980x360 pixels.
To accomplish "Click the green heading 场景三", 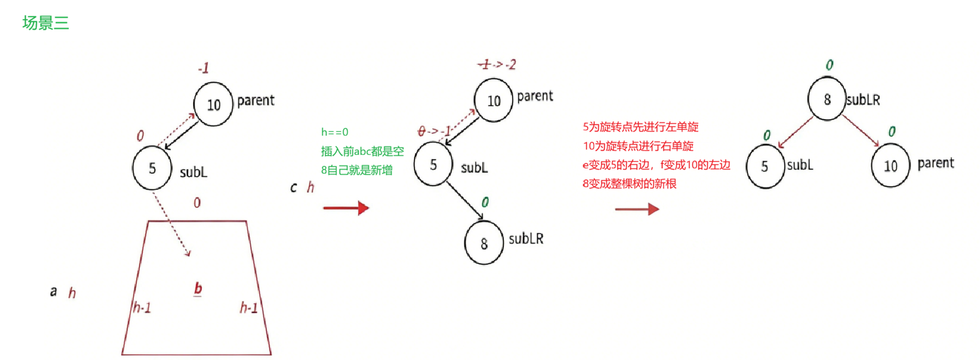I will pos(45,23).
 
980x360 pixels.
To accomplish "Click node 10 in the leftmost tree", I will pos(213,105).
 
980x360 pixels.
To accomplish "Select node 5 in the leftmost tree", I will pos(152,168).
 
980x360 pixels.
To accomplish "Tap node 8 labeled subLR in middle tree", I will pos(484,243).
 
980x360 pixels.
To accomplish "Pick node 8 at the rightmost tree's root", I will pos(827,99).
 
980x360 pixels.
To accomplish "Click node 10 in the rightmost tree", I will pos(890,166).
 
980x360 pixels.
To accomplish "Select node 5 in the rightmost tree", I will pos(765,166).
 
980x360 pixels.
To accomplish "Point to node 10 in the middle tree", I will pos(494,100).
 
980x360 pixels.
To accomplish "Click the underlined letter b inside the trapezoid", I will pos(198,288).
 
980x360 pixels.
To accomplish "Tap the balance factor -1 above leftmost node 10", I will pos(204,68).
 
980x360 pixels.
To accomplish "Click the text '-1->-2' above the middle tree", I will pos(497,64).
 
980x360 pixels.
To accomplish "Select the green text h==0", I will pos(335,132).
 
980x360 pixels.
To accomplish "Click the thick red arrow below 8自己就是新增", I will pos(346,207).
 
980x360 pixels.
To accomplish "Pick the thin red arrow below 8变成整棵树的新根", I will pos(637,209).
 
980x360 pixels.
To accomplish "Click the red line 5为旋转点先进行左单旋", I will pos(641,127).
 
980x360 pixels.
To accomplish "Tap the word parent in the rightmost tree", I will pos(935,163).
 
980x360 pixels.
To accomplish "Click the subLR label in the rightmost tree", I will pos(863,100).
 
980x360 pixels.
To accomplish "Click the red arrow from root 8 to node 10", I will pos(860,130).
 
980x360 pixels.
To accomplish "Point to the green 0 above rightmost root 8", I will pos(829,65).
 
